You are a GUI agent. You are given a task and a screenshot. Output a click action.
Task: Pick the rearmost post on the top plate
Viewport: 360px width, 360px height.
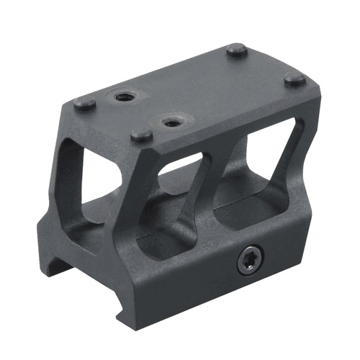tap(233, 50)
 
